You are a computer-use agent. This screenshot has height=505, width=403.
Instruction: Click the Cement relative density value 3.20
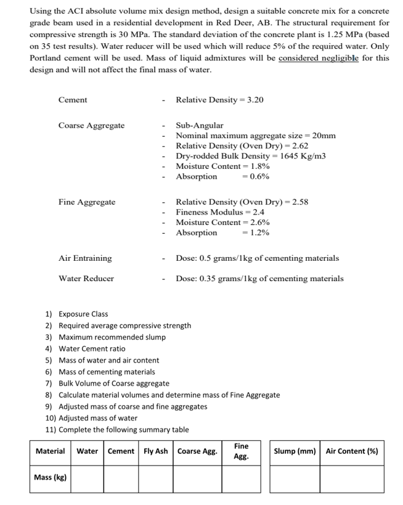point(254,100)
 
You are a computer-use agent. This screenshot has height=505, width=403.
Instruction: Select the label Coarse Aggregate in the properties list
point(91,126)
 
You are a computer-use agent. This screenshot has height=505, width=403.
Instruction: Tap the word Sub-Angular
point(200,125)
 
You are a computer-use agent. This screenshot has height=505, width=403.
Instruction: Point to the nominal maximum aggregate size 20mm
point(324,136)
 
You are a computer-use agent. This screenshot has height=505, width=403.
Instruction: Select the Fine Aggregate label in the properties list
point(87,202)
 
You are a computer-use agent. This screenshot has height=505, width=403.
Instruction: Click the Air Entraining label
point(85,258)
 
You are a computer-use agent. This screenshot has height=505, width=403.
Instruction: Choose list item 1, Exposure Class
point(83,314)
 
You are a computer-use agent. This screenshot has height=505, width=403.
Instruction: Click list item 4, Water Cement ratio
point(91,348)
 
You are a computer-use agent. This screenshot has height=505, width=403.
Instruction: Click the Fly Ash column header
point(155,451)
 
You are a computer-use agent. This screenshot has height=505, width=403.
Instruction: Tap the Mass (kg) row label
point(51,478)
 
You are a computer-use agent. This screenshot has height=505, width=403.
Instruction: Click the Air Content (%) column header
point(352,451)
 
